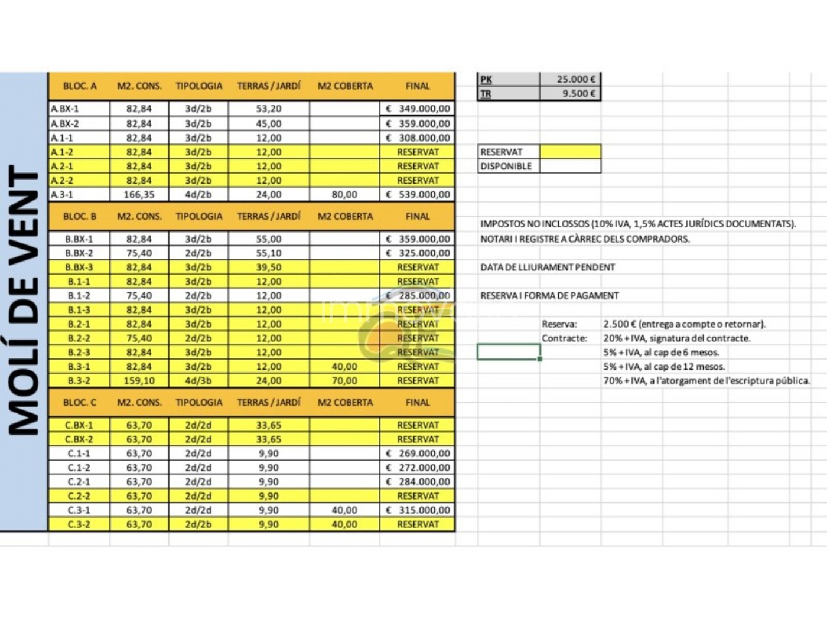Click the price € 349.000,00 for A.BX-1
(x=418, y=109)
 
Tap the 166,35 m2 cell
(x=139, y=194)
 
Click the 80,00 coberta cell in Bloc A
(x=344, y=194)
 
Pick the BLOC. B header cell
(x=80, y=216)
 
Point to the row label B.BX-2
(x=79, y=253)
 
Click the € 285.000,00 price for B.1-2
(x=418, y=295)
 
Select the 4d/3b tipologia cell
(x=198, y=381)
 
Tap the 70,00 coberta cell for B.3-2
(x=344, y=381)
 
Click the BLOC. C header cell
(x=80, y=402)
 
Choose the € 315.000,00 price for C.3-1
(x=418, y=510)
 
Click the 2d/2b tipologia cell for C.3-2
(x=198, y=524)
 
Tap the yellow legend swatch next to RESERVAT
(x=570, y=152)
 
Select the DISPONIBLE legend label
(x=506, y=166)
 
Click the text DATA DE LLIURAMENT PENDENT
(x=548, y=267)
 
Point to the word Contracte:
(x=564, y=338)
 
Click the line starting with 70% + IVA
(x=706, y=381)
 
